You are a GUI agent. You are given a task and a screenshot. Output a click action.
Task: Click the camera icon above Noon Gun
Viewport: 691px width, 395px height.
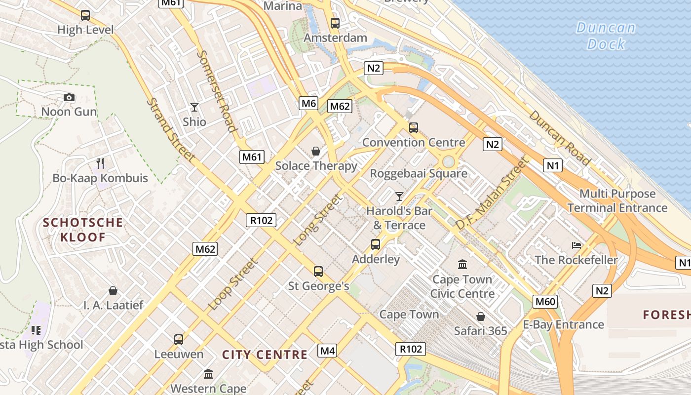coord(69,97)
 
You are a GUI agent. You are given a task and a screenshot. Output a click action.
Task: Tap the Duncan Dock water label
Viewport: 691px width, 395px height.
coord(606,36)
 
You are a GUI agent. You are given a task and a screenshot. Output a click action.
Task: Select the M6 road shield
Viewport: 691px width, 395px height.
coord(308,103)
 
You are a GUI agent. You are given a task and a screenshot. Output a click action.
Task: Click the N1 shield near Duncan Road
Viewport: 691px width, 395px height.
coord(552,165)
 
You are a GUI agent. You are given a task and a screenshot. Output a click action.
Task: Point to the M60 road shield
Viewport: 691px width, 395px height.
coord(545,301)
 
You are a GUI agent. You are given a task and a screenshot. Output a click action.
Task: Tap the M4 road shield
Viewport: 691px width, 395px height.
coord(328,351)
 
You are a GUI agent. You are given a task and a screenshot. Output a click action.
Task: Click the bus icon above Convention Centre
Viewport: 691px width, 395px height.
coord(414,128)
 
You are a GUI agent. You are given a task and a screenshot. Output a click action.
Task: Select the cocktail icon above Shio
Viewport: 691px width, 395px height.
coord(194,107)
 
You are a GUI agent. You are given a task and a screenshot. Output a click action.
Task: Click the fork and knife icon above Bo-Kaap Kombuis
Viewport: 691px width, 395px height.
coord(100,163)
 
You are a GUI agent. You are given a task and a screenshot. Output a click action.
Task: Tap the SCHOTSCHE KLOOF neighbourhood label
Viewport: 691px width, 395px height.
coord(83,230)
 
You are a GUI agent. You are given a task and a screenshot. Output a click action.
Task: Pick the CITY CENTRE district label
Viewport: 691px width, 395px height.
coord(265,355)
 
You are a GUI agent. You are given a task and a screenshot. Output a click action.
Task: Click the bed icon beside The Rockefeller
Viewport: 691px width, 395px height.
coord(576,245)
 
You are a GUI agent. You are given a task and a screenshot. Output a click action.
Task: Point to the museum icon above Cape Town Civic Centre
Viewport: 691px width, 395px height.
coord(462,265)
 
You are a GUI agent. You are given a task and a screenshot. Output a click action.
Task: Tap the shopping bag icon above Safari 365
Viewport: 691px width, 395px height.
coord(481,316)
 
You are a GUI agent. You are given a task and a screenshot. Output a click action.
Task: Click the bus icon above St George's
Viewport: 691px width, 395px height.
coord(318,271)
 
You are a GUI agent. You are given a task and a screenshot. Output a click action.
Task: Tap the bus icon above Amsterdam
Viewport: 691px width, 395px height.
coord(335,23)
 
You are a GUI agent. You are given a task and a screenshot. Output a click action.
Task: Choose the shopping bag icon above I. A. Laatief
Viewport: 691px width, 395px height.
coord(113,290)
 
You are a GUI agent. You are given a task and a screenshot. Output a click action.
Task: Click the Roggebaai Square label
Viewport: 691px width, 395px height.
coord(419,173)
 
